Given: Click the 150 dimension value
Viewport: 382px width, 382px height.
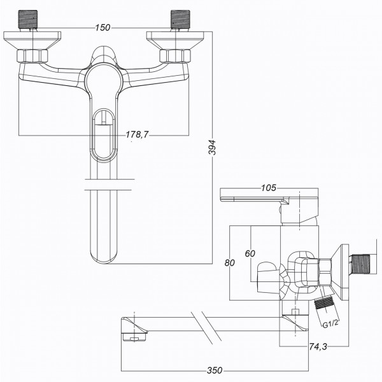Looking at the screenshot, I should (x=103, y=27).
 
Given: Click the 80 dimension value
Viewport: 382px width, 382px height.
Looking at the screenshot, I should (x=230, y=262).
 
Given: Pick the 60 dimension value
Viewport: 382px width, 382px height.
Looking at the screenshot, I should (x=250, y=253).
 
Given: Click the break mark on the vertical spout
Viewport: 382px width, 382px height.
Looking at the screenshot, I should (x=109, y=184).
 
